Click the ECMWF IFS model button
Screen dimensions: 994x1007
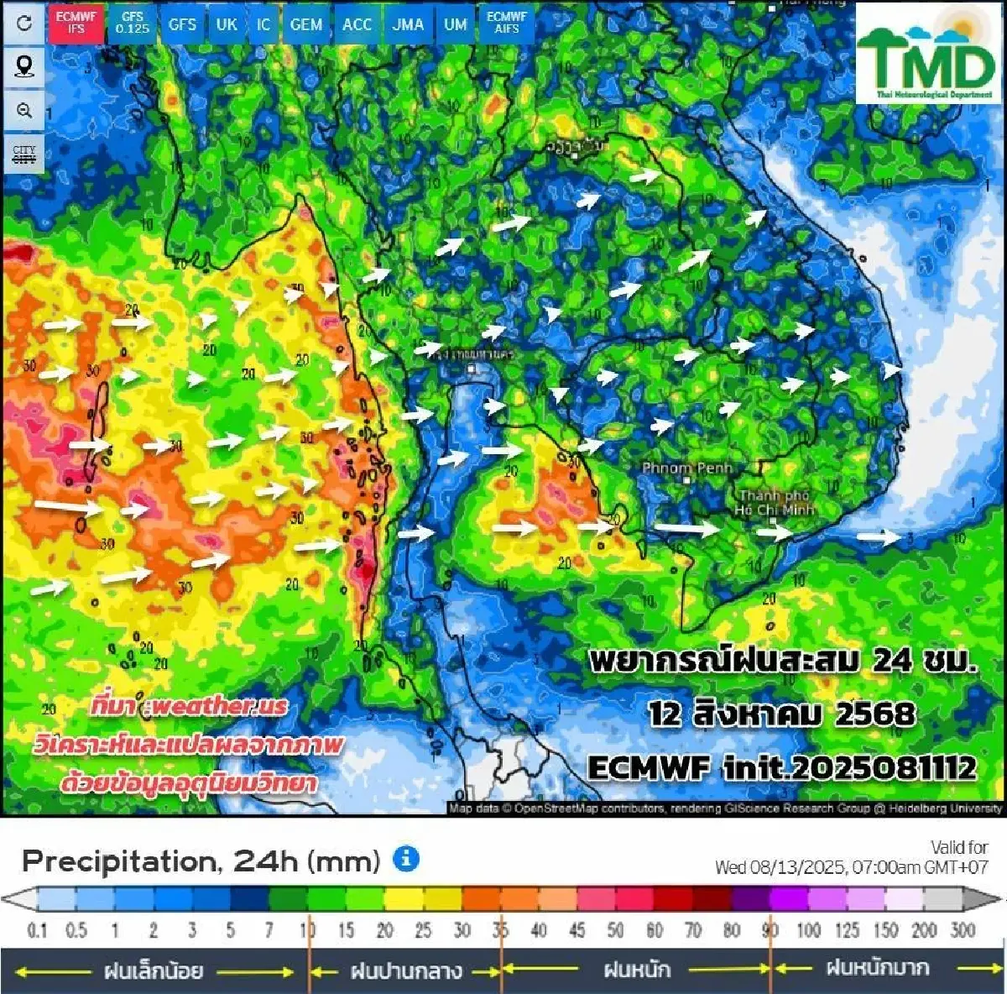[x=76, y=23]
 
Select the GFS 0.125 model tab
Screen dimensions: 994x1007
[x=132, y=23]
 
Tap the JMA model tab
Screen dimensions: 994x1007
[x=408, y=24]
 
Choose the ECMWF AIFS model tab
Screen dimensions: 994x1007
[x=506, y=23]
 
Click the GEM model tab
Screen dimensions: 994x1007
[x=305, y=24]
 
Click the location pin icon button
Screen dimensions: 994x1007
[x=24, y=66]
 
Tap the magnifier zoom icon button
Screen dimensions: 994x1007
[x=24, y=111]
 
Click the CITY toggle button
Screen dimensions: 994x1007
[x=24, y=154]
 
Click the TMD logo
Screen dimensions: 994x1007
[x=926, y=55]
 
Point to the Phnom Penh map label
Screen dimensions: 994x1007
[x=686, y=468]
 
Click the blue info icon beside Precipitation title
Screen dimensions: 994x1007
[x=406, y=859]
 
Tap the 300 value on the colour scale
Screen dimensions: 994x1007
[x=963, y=929]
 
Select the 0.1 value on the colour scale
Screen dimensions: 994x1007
[x=37, y=929]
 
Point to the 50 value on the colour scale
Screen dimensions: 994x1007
[x=615, y=929]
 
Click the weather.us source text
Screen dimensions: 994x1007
[x=189, y=705]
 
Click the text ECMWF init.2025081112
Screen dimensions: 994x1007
[x=781, y=767]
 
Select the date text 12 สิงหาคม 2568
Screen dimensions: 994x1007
[x=780, y=714]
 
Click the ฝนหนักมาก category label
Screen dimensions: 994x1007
[x=877, y=968]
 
